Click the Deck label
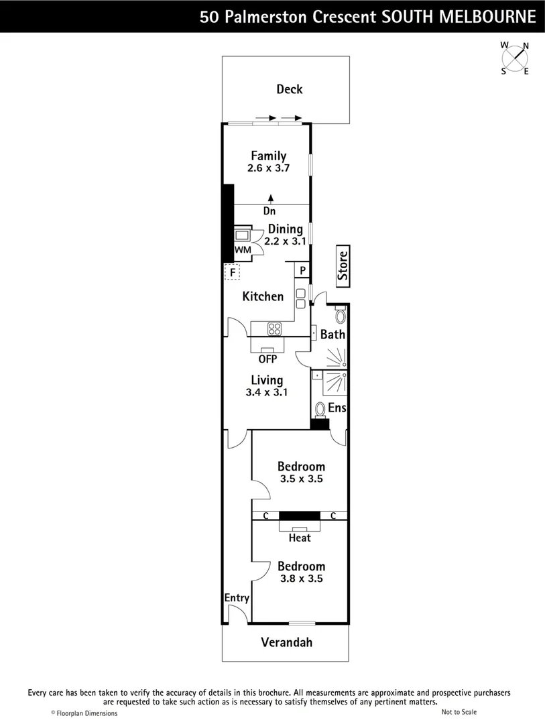point(289,89)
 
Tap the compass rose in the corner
point(516,58)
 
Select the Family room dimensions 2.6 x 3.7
point(268,168)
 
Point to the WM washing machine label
point(242,250)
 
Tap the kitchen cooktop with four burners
point(275,328)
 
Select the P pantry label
point(302,271)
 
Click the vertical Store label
point(343,265)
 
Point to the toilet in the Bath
point(340,316)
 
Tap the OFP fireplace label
point(267,359)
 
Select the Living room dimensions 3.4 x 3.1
point(267,392)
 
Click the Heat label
point(300,538)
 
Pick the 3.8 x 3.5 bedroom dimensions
point(302,578)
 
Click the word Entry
point(237,598)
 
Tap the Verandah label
point(286,642)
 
